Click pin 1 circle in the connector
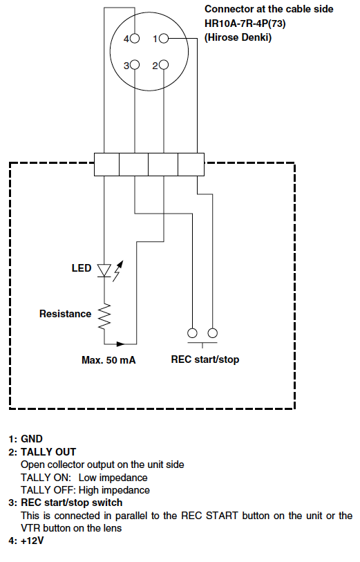163,38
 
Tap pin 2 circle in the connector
163,65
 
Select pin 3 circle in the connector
135,65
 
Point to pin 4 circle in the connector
135,38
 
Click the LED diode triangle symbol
104,270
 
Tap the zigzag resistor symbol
104,317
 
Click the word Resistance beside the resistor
65,314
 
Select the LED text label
82,268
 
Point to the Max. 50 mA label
108,360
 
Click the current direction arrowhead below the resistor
121,344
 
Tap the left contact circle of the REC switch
192,333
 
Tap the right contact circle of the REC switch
213,333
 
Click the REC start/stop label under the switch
205,359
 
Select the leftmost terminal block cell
106,165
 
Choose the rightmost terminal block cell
191,165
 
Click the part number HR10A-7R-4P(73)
245,24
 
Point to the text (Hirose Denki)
238,37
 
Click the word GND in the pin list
32,439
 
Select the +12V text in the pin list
32,541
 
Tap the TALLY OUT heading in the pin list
48,451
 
